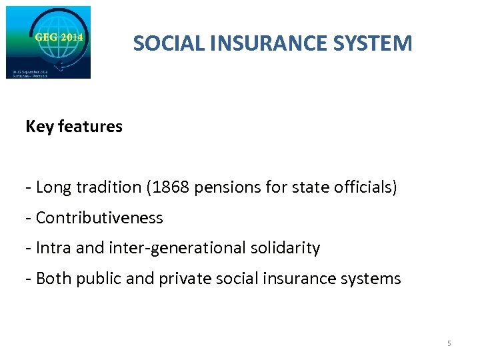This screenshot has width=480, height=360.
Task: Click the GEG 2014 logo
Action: point(48,42)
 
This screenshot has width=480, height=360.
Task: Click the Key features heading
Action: point(74,127)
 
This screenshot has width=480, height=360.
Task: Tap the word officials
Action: point(366,187)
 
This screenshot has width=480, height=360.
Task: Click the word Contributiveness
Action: point(99,218)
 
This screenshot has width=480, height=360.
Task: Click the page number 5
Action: point(449,343)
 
